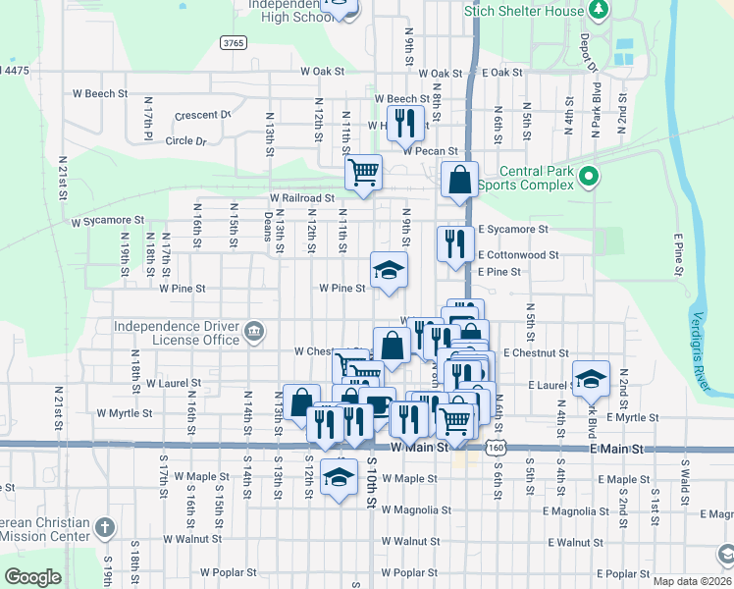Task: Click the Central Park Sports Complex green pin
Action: [x=588, y=177]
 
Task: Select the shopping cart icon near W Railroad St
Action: [x=364, y=173]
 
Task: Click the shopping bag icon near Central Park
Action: [x=460, y=180]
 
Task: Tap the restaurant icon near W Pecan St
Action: [x=403, y=123]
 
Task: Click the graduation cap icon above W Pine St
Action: [x=389, y=270]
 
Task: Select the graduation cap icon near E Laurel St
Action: [x=592, y=379]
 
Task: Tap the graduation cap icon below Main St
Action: [x=340, y=477]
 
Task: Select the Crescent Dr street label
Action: [x=202, y=115]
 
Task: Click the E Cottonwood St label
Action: [x=518, y=254]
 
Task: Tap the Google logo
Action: [x=32, y=577]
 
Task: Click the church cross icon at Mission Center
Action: [x=106, y=529]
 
